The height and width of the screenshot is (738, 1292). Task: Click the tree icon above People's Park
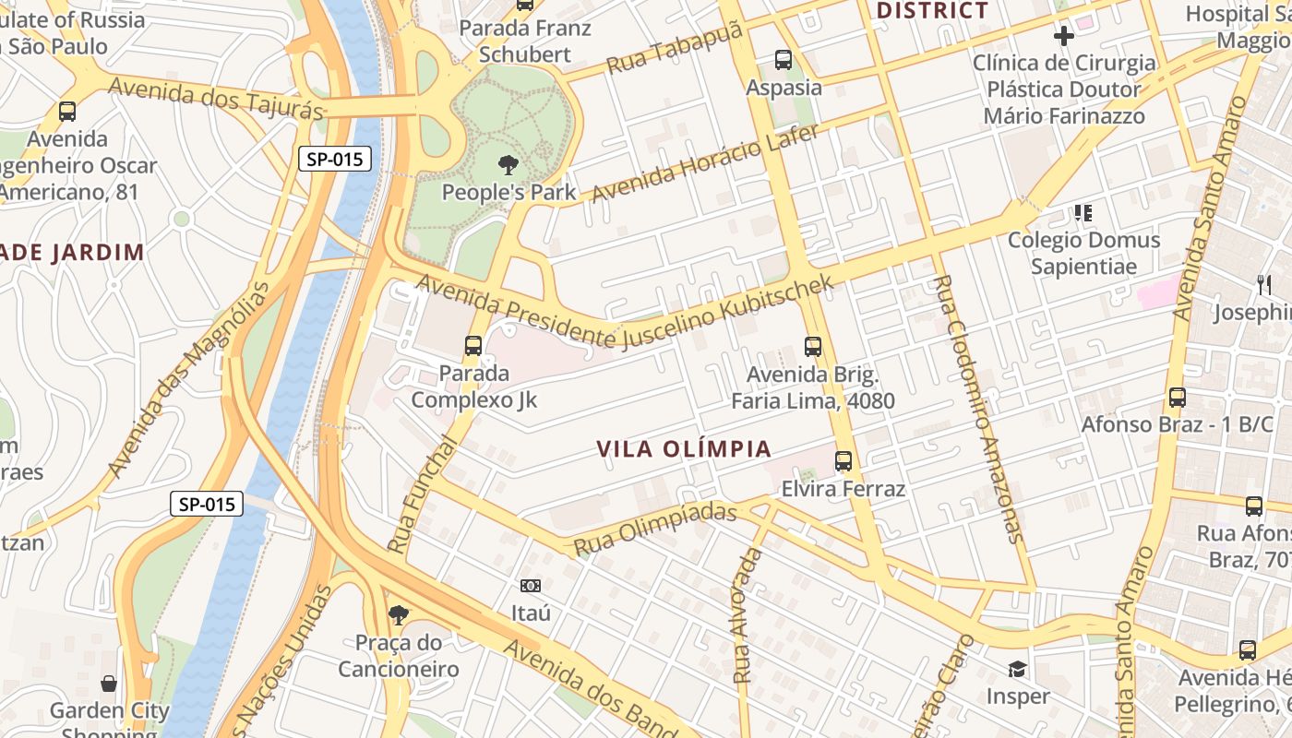coord(507,165)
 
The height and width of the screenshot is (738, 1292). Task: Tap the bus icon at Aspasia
coord(784,60)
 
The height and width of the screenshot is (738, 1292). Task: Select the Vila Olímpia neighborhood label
coord(683,449)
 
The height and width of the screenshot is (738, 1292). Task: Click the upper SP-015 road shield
coord(335,159)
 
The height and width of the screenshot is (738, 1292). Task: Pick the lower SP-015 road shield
coord(207,504)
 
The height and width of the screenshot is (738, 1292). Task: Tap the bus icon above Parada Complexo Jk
coord(473,346)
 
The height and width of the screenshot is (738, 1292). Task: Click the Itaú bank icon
coord(531,586)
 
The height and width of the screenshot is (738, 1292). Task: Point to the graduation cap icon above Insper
coord(1017,668)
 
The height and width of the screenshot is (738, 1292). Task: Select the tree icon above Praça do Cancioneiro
coord(398,614)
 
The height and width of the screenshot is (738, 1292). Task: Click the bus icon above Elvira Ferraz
coord(843,460)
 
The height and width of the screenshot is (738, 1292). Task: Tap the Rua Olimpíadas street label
coord(655,530)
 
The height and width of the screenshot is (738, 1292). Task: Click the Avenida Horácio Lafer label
coord(705,164)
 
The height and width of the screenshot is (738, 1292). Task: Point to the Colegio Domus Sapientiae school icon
coord(1083,213)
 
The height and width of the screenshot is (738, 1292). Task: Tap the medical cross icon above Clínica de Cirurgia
coord(1063,36)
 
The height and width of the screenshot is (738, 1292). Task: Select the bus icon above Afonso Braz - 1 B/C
coord(1178,398)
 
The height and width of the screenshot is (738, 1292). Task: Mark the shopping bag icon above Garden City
coord(109,684)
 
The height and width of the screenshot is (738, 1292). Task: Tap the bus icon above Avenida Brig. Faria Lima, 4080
coord(813,347)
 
